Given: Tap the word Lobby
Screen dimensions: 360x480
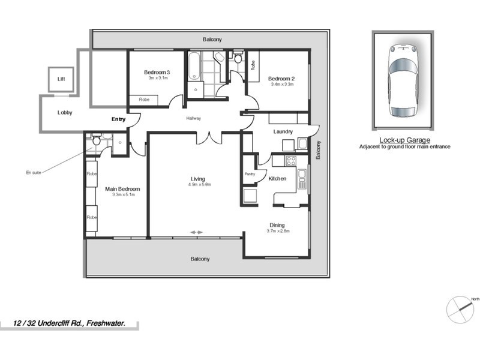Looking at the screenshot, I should pos(65,112).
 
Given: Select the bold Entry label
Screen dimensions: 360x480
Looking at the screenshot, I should pos(118,119).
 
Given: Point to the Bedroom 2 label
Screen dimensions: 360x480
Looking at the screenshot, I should pos(281,79).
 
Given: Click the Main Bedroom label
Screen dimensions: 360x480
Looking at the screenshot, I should pos(122,189).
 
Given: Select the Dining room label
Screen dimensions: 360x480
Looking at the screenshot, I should pos(277,226).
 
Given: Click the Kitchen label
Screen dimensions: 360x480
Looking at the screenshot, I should pos(277,179).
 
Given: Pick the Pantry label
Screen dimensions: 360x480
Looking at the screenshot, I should pos(250,174).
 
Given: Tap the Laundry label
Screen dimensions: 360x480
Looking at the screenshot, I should pos(283,131).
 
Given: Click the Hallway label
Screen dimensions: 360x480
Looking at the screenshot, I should pos(193,118).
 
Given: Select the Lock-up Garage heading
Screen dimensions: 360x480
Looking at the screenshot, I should pos(404,140).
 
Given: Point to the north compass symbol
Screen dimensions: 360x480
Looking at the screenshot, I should pos(461,309).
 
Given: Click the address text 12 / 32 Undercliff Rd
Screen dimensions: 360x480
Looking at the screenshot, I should pos(70,323).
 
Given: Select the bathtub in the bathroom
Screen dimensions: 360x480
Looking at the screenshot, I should pos(195,67).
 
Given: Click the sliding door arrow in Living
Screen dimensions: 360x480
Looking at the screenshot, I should pos(197,232).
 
